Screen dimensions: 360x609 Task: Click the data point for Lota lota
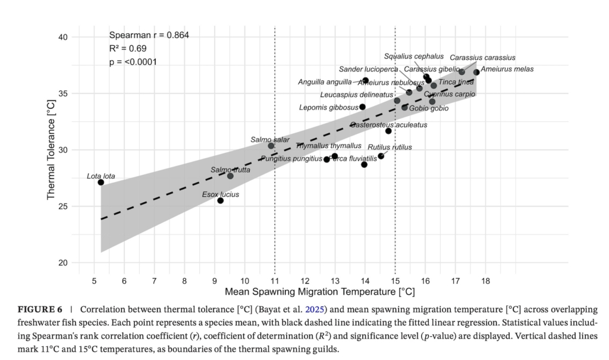(x=101, y=182)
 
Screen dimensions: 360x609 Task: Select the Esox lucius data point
(x=220, y=201)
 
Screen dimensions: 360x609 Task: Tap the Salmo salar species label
(x=270, y=140)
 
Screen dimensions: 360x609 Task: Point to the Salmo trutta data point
(x=230, y=176)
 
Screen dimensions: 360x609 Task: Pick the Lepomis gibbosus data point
(x=362, y=107)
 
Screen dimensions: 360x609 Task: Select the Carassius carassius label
(x=482, y=58)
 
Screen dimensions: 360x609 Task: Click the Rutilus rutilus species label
(x=390, y=147)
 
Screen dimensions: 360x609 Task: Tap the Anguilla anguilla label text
(x=325, y=82)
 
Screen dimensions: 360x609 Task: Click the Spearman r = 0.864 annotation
(x=149, y=35)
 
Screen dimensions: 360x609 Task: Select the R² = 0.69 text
(x=128, y=48)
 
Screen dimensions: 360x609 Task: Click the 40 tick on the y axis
(x=63, y=37)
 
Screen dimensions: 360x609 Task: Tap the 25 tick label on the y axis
(x=63, y=206)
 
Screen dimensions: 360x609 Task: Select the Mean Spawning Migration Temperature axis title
(x=319, y=292)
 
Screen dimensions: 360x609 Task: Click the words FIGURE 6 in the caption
(x=40, y=310)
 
